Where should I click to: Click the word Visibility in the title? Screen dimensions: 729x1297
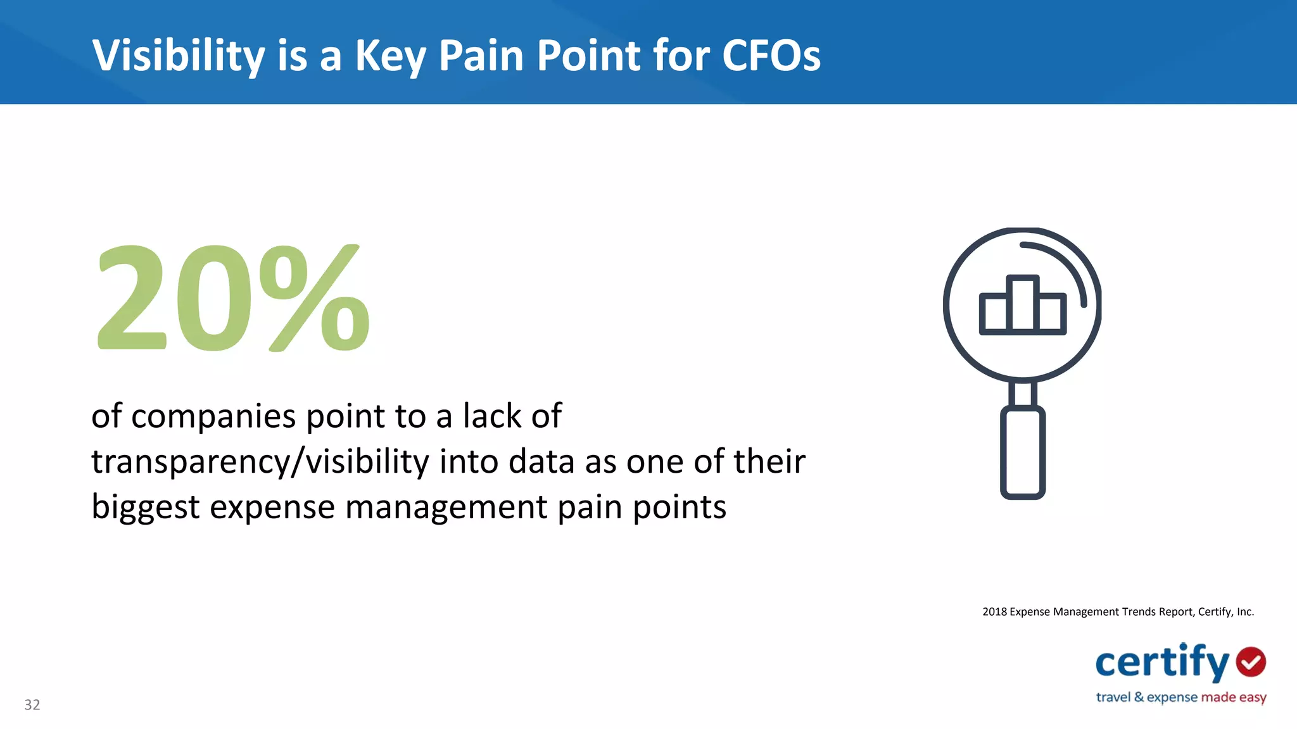point(179,56)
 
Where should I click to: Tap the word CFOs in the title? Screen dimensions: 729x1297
point(771,56)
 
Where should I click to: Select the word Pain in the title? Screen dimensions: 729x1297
point(481,56)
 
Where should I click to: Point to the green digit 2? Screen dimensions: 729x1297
point(131,297)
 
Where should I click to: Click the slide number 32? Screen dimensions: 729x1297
point(32,705)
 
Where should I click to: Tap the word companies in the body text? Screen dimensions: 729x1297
point(213,417)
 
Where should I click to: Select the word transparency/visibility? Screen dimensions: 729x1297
point(260,462)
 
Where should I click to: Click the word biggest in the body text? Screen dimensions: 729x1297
point(146,508)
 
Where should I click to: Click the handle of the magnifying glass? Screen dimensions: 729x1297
point(1022,453)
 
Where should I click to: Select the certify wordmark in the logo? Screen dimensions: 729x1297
point(1162,663)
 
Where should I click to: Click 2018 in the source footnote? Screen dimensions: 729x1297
point(994,612)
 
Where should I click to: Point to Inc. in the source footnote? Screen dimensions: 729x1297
point(1245,612)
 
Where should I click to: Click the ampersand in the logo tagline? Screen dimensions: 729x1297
point(1139,697)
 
